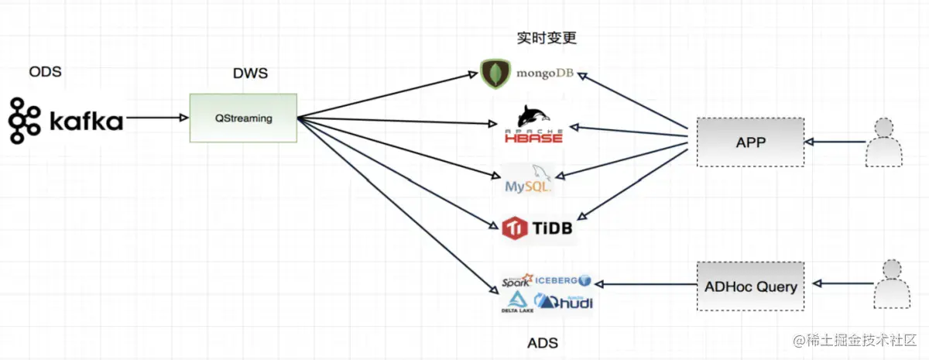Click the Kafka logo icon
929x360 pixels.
tap(24, 121)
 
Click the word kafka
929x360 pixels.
tap(86, 122)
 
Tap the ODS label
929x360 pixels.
tap(45, 72)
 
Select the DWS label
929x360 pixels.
tap(251, 74)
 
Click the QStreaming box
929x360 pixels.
tap(244, 118)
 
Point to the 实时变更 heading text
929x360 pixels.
tap(547, 38)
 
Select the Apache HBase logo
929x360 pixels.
tap(533, 126)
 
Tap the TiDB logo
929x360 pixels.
tap(537, 228)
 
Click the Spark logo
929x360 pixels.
tap(516, 282)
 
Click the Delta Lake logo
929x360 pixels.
tap(516, 303)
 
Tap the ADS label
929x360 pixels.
tap(542, 343)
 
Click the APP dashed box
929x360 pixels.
tap(750, 142)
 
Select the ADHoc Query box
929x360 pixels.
tap(750, 286)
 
